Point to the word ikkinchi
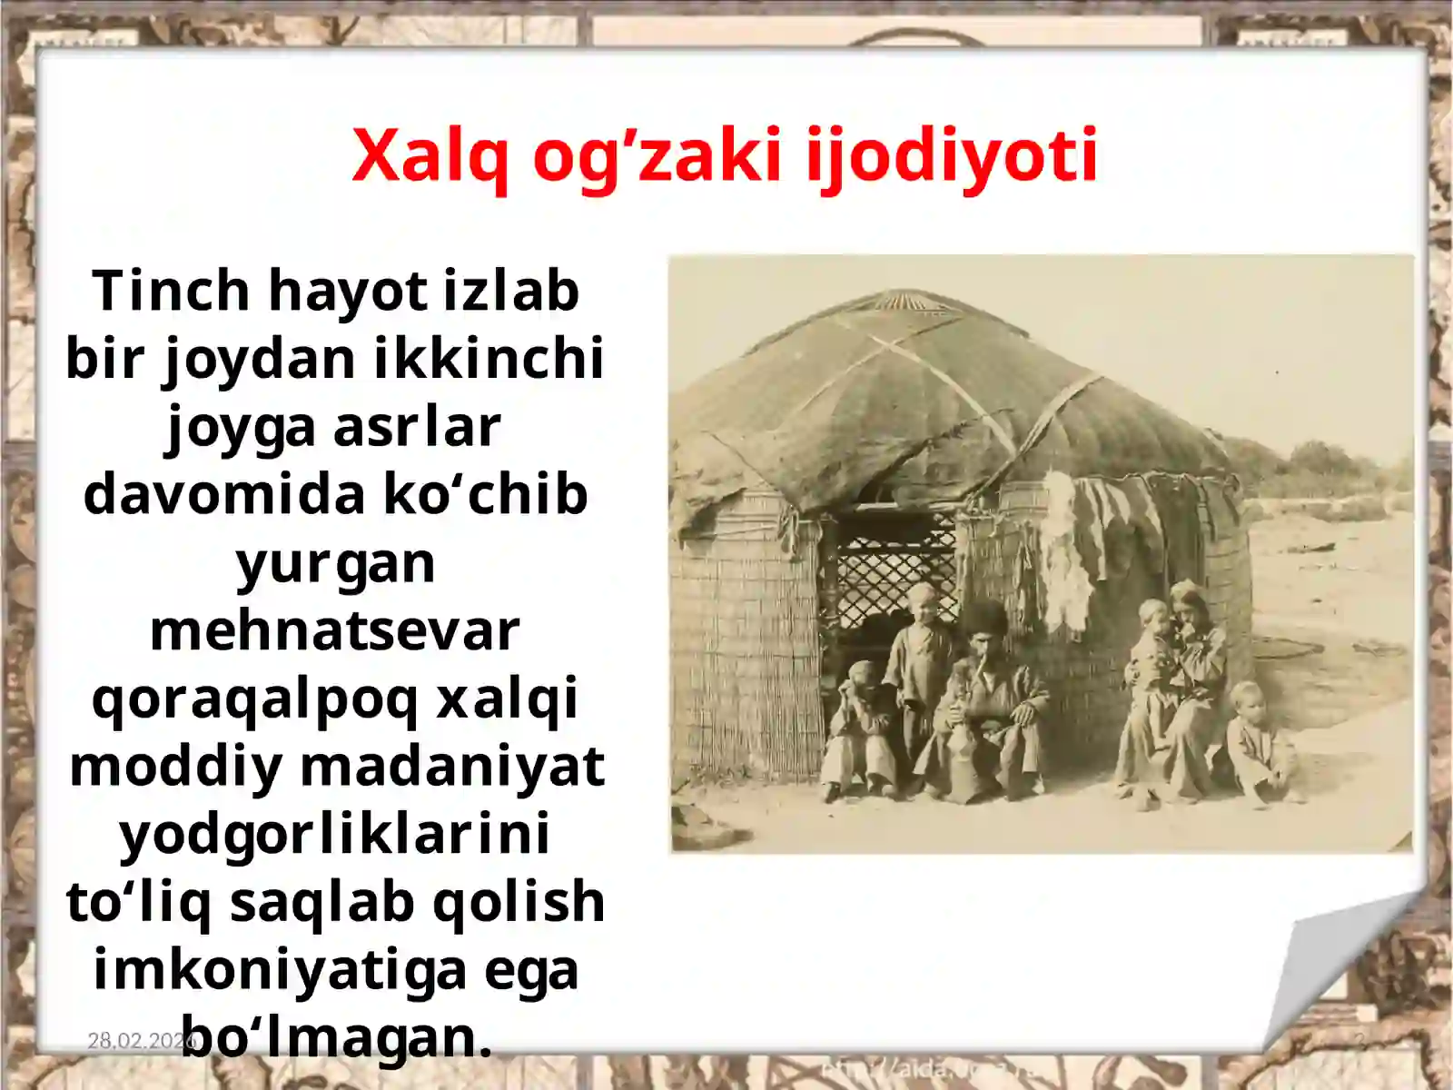(x=489, y=358)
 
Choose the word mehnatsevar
(x=335, y=630)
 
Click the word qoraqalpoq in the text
(x=255, y=699)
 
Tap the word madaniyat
(x=452, y=766)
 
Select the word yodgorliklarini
(x=335, y=834)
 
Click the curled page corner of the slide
(x=1344, y=972)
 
